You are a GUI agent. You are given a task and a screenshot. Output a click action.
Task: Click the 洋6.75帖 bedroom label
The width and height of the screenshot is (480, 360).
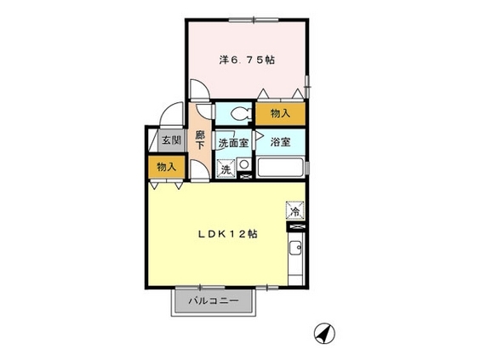[247, 60]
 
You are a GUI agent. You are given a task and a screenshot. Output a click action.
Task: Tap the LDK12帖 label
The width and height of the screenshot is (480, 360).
[227, 234]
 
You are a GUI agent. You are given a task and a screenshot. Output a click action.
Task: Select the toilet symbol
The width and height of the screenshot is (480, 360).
[241, 114]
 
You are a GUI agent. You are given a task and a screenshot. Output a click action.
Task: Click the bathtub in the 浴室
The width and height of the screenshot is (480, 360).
[280, 167]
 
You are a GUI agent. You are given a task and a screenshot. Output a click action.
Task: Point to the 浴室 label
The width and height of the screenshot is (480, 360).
[280, 142]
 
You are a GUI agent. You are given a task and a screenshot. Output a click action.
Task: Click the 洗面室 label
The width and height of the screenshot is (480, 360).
[233, 143]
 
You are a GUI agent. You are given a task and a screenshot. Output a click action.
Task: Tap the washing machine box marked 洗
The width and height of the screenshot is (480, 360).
[226, 169]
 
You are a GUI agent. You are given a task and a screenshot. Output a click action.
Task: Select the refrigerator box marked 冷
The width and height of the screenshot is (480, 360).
[295, 210]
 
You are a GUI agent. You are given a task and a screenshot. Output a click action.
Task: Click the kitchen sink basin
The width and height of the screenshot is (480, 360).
[295, 248]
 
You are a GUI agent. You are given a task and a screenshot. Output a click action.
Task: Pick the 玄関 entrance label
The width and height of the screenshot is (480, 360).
[171, 140]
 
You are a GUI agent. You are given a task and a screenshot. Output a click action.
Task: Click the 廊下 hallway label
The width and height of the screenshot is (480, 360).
[200, 140]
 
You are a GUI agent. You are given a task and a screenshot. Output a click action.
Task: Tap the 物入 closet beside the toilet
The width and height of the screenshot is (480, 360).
[280, 113]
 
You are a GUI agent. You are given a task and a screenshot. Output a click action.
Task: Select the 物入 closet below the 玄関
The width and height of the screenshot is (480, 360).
[167, 167]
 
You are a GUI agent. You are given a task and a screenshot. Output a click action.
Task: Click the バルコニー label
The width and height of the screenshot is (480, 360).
[214, 300]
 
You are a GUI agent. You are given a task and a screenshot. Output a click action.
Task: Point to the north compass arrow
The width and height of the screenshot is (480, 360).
[325, 333]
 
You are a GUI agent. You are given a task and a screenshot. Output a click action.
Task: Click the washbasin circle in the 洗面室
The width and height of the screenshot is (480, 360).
[243, 165]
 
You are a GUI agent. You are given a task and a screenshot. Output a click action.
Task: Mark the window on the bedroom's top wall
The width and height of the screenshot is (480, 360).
[254, 20]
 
